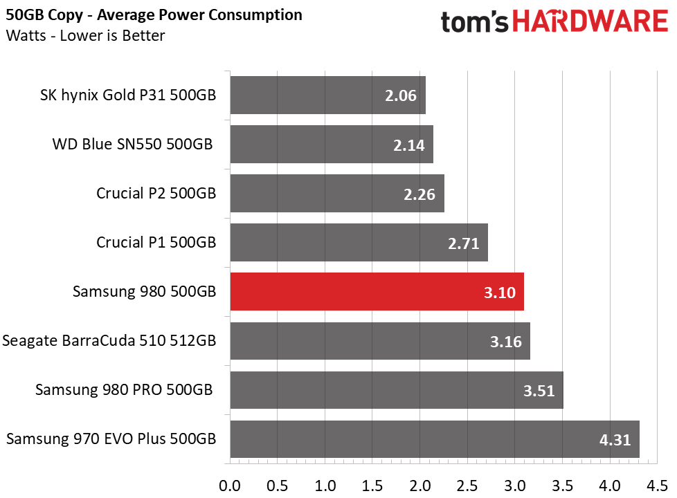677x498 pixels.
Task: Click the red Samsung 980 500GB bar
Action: tap(377, 291)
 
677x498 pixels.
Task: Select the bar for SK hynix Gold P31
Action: tap(327, 95)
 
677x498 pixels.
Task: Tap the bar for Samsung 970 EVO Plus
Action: tap(434, 439)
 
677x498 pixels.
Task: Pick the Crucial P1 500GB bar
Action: tap(359, 242)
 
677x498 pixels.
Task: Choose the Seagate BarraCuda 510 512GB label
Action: tap(109, 341)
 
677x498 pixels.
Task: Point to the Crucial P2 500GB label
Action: tap(156, 193)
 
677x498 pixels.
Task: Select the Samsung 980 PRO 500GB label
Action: tap(124, 390)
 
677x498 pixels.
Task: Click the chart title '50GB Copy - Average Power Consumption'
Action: tap(154, 15)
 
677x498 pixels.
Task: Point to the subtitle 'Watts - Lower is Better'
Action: tap(85, 35)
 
